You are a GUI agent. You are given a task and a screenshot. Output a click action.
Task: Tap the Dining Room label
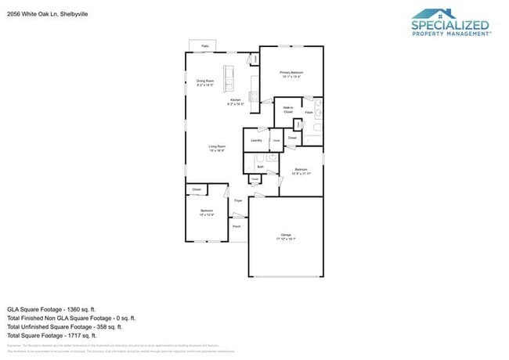click(x=205, y=82)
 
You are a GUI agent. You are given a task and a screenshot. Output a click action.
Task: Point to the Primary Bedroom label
click(x=291, y=74)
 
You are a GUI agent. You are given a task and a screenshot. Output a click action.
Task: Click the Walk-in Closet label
click(x=288, y=110)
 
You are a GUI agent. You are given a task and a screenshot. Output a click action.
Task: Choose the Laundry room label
click(x=255, y=140)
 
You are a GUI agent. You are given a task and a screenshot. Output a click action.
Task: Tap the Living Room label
click(x=217, y=148)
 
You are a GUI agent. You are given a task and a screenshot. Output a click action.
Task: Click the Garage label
click(x=286, y=236)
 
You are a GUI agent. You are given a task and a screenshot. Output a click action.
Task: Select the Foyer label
click(x=238, y=201)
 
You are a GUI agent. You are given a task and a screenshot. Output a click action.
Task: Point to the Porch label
click(x=236, y=227)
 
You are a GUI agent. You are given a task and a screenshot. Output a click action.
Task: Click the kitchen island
click(x=229, y=76)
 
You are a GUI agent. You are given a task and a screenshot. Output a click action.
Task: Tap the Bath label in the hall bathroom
click(x=260, y=167)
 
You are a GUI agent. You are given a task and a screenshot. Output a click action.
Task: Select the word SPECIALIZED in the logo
click(x=450, y=24)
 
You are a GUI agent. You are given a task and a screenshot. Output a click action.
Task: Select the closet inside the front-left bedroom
click(x=196, y=189)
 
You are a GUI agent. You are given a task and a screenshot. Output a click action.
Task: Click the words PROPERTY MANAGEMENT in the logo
click(x=451, y=34)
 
